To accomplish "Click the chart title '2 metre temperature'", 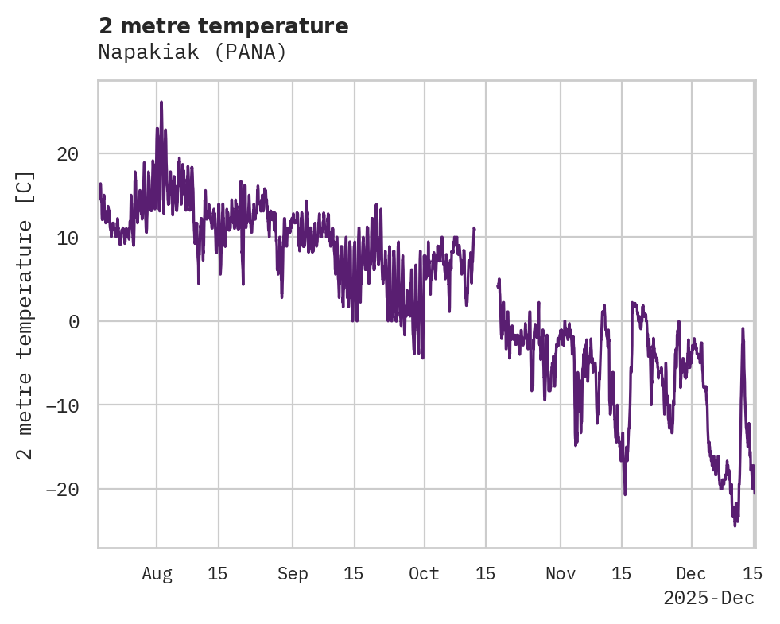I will point(223,26).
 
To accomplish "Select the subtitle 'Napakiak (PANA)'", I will point(192,52).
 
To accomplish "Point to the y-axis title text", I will point(25,315).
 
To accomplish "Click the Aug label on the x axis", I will point(157,574).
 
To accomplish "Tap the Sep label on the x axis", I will point(293,574).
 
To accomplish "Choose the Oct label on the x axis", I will point(424,574).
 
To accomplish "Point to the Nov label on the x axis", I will point(561,574).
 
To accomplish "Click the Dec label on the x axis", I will point(691,574).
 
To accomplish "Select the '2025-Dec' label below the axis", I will point(708,598).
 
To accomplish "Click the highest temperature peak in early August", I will point(161,103).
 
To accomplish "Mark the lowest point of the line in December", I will point(735,525).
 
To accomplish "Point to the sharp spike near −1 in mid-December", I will point(743,328).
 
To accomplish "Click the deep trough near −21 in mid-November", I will point(625,494).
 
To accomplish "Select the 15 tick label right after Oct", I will point(486,574).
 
